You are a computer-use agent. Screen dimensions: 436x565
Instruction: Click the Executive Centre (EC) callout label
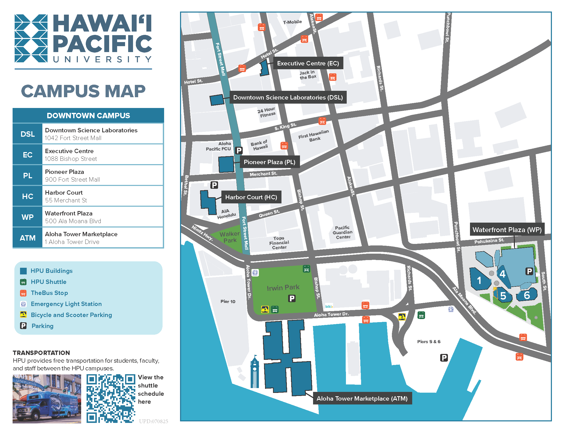[x=308, y=63]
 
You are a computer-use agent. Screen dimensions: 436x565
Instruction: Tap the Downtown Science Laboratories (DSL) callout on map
[x=288, y=97]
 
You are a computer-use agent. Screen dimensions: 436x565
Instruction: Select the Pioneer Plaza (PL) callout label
[x=269, y=162]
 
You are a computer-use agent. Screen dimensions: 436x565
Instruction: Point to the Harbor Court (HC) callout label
[x=251, y=197]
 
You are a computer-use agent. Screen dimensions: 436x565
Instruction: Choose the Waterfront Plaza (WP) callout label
[x=507, y=230]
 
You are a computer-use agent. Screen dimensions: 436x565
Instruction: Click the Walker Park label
[x=230, y=237]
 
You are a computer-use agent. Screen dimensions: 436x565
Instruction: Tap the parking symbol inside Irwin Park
[x=292, y=298]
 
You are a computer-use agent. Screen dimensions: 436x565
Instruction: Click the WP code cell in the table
[x=27, y=217]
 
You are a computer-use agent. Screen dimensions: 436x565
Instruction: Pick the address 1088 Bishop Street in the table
[x=71, y=158]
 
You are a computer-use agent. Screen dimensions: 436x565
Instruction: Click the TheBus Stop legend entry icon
[x=23, y=293]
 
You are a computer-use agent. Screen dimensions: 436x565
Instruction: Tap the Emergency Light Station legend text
[x=66, y=304]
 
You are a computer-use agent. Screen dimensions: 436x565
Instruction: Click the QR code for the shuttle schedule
[x=111, y=399]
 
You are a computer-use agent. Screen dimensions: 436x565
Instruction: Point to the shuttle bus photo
[x=47, y=399]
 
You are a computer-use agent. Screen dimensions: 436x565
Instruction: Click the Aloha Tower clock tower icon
[x=255, y=372]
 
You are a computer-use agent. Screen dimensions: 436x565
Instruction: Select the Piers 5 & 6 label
[x=428, y=341]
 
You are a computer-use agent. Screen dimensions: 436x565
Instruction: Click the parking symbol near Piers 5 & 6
[x=444, y=358]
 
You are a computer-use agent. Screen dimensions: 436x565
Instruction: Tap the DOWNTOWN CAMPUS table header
[x=88, y=115]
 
